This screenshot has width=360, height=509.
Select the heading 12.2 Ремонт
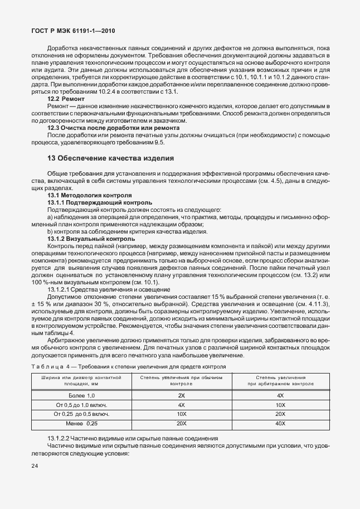66,98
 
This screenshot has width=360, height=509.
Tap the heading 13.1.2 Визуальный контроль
91,239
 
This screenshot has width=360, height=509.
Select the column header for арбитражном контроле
280,381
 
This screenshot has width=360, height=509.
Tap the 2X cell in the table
181,395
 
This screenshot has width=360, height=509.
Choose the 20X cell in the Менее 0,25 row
181,424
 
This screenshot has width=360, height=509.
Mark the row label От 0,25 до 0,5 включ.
81,414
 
